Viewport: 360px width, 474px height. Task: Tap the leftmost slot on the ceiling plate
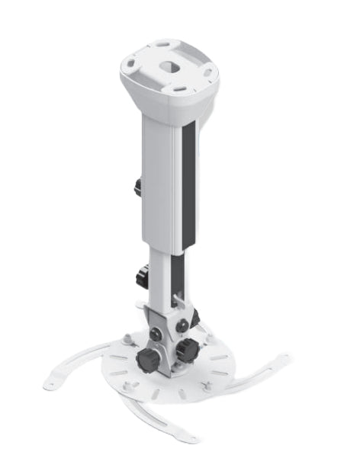(x=133, y=65)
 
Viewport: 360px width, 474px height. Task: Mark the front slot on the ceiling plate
(x=176, y=89)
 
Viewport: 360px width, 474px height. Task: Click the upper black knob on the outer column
(x=137, y=186)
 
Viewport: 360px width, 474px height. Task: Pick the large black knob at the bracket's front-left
(x=148, y=359)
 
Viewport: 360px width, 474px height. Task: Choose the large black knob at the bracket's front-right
(x=185, y=351)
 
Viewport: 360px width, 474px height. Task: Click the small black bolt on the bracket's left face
(x=156, y=334)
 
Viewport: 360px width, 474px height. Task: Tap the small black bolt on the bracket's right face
(x=182, y=325)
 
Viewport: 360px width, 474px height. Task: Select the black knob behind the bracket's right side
(x=195, y=316)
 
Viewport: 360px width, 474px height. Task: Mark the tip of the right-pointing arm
(x=284, y=357)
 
